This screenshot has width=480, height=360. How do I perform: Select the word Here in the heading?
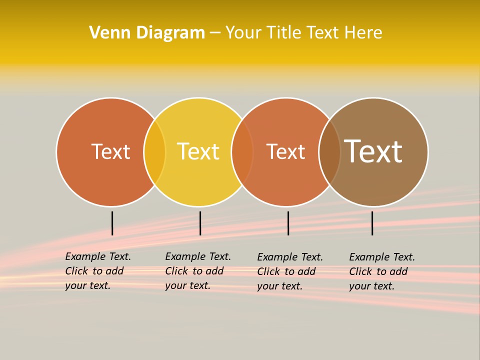[x=363, y=32]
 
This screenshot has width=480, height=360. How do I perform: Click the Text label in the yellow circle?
[x=198, y=151]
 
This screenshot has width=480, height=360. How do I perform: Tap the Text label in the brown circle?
[x=373, y=151]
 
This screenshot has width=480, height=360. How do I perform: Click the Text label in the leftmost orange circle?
[x=110, y=151]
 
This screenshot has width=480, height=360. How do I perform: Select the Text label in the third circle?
[x=285, y=151]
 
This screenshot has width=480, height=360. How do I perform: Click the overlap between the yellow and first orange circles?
[x=154, y=151]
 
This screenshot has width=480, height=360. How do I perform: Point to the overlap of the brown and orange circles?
[x=329, y=151]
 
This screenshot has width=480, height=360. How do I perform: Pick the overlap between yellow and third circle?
[x=242, y=151]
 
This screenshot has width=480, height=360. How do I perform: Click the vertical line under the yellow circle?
[x=200, y=223]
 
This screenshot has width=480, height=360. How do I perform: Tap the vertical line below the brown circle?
[x=372, y=223]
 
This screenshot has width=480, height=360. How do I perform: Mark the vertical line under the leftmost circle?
[x=112, y=223]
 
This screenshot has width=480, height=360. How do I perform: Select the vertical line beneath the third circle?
[x=288, y=223]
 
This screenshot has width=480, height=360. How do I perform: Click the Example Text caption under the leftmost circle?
[x=97, y=271]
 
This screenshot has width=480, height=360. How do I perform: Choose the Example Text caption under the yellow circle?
[x=197, y=271]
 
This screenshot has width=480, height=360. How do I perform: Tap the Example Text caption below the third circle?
[x=289, y=271]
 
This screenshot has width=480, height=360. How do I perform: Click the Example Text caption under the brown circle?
[x=381, y=271]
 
